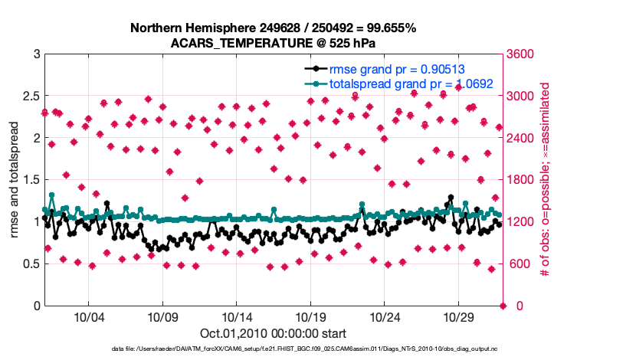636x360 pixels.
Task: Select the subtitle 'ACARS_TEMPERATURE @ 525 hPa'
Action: point(273,43)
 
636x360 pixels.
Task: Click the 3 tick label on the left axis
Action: point(36,54)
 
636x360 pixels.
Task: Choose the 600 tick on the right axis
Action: point(520,264)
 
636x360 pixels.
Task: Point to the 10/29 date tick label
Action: point(461,317)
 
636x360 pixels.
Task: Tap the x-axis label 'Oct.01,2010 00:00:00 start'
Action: point(273,333)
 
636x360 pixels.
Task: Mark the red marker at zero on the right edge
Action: point(503,306)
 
